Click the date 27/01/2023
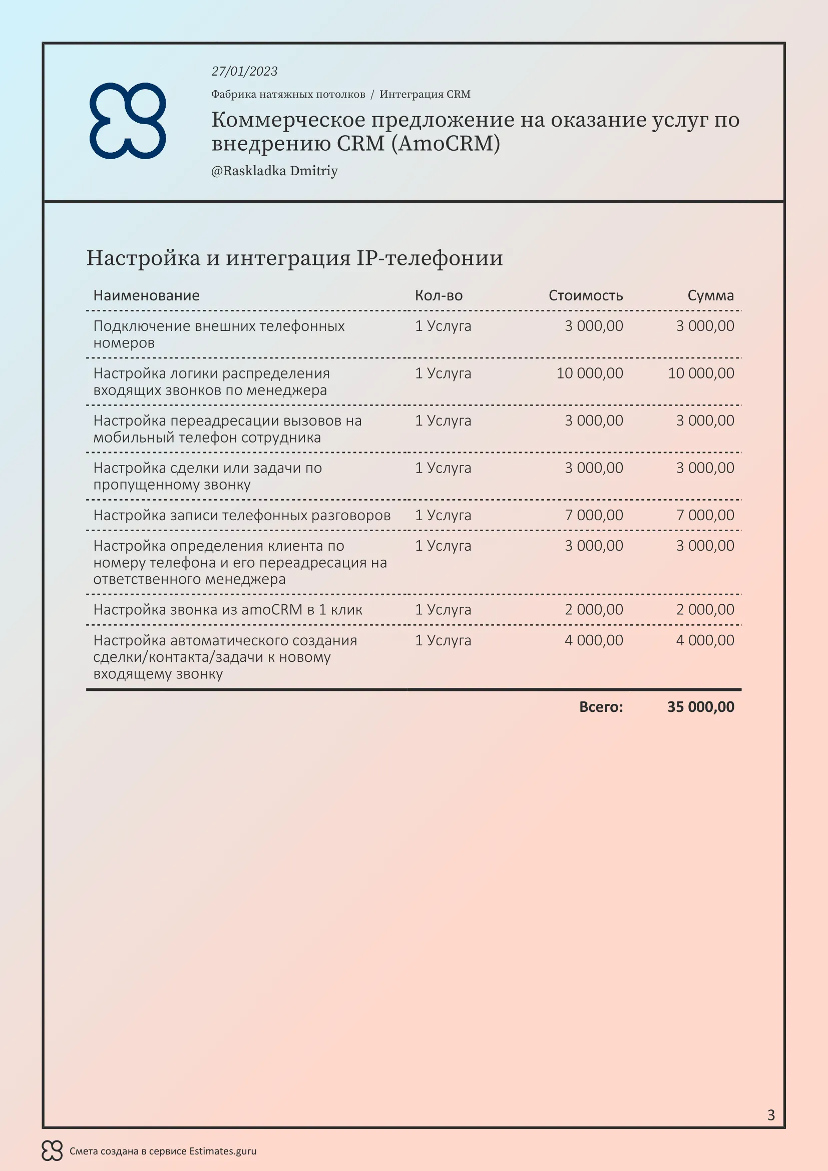point(244,72)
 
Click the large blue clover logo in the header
point(128,121)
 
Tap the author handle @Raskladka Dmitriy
point(274,171)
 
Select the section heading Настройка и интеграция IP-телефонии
point(294,258)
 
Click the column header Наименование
point(146,296)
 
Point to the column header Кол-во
point(439,296)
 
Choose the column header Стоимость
point(585,296)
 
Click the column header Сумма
point(710,296)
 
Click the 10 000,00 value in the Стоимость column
point(589,373)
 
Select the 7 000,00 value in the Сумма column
point(705,515)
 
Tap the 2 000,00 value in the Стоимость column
point(594,609)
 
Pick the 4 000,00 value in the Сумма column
point(705,640)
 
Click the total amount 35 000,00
point(700,707)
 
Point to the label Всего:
point(601,707)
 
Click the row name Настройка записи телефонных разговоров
point(242,515)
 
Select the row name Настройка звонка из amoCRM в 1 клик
point(227,609)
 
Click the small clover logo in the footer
point(52,1150)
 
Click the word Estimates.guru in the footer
point(223,1151)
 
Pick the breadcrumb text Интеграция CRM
point(425,94)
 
